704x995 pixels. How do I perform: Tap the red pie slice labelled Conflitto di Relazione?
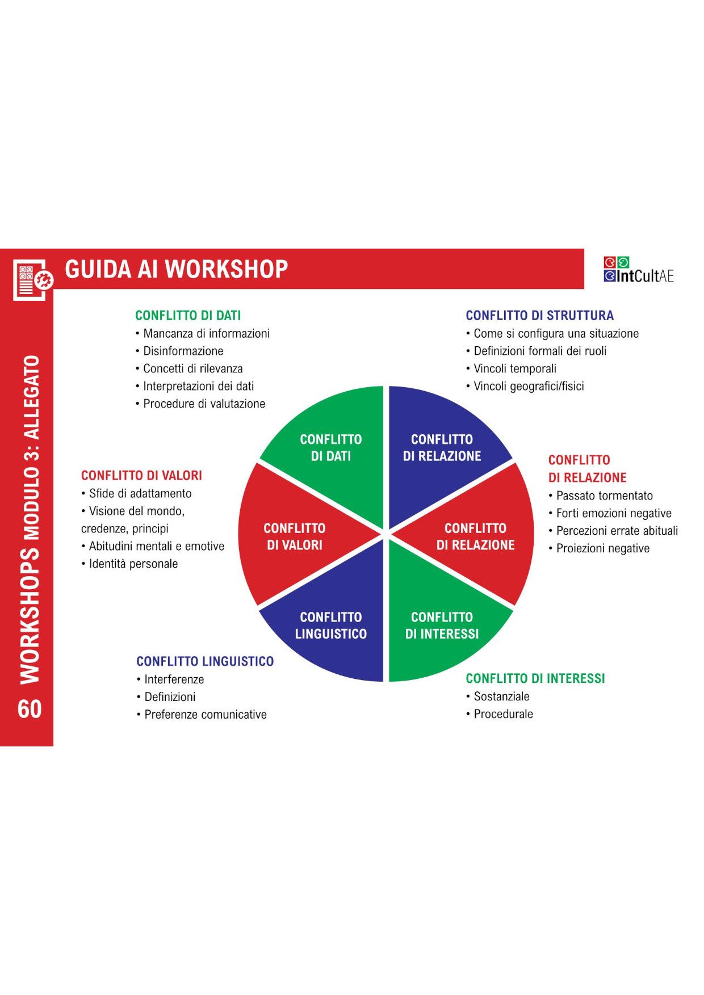[x=475, y=536]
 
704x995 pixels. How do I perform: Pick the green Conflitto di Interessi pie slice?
[x=442, y=625]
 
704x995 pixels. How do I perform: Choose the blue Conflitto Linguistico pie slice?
[x=331, y=625]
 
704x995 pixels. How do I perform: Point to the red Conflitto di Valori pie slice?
[x=295, y=536]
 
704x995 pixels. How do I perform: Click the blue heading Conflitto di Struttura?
[x=539, y=316]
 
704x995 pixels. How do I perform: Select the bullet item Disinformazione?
[x=183, y=351]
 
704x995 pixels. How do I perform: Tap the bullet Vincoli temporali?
[x=514, y=368]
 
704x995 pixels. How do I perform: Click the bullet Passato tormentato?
[x=604, y=496]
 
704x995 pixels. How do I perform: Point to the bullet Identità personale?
[x=133, y=564]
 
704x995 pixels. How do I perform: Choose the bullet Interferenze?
[x=174, y=679]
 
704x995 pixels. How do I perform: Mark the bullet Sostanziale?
[x=501, y=696]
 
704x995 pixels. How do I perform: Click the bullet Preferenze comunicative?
[x=205, y=714]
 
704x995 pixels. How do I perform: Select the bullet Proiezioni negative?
[x=602, y=548]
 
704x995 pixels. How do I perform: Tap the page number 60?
[x=30, y=709]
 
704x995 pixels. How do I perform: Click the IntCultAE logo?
[x=639, y=270]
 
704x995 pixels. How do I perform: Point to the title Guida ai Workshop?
[x=177, y=269]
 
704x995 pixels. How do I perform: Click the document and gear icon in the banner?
[x=32, y=279]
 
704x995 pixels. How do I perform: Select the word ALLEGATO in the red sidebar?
[x=31, y=397]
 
